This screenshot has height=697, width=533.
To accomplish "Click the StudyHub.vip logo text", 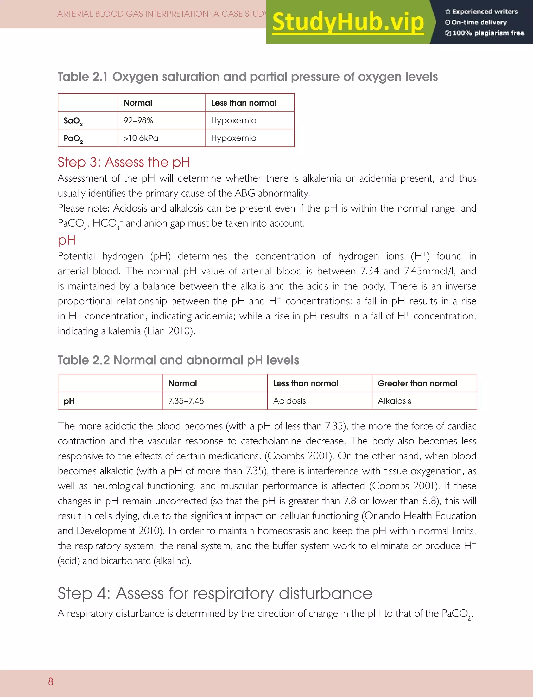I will click(x=348, y=22).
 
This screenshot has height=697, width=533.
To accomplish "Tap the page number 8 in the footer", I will click(x=51, y=681).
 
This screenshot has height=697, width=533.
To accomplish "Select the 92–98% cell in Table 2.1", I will click(x=138, y=120).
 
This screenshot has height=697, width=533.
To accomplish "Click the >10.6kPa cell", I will click(x=141, y=138).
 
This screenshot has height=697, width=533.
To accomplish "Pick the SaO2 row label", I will click(x=73, y=121).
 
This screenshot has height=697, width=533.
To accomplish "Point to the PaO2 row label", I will click(x=73, y=139).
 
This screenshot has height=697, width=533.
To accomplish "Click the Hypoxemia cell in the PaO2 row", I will click(x=233, y=138).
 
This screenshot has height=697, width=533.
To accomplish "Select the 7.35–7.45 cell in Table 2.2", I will click(x=186, y=401).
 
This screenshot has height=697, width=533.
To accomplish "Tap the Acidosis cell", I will click(x=289, y=401).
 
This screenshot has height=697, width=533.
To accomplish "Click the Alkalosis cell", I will click(x=394, y=401).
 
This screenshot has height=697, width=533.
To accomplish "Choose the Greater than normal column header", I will click(x=417, y=383).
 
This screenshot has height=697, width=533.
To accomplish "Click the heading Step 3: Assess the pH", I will click(x=124, y=162).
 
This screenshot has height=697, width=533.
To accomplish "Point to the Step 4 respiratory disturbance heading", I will click(x=215, y=593).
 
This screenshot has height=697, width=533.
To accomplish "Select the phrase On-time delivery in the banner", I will click(x=479, y=22).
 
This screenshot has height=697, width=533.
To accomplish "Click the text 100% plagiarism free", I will click(x=488, y=33).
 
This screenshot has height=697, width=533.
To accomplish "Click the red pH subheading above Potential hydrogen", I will click(x=66, y=240).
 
